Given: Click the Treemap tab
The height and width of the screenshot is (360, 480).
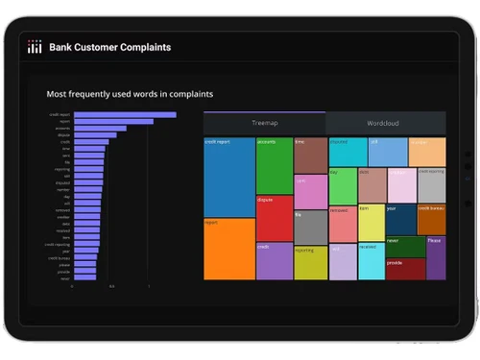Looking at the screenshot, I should tap(264, 124).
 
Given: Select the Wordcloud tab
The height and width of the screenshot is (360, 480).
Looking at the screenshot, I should tap(385, 124).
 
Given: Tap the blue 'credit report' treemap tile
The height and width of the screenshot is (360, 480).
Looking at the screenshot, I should tap(228, 177).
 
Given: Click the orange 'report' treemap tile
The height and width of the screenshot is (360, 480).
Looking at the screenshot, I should tap(228, 249).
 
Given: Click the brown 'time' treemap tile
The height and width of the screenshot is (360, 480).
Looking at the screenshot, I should tap(310, 155).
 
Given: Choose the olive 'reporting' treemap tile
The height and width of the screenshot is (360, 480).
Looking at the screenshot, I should tap(310, 262).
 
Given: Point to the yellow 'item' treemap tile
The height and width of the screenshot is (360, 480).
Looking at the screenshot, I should tap(371, 222).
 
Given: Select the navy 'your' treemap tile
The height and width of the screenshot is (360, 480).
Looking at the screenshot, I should tap(400, 219).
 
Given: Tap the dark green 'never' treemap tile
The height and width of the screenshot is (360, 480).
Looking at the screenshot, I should tap(404, 246).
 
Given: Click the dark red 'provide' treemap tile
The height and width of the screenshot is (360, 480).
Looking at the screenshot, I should tap(404, 269).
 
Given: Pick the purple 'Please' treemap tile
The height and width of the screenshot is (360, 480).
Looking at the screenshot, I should tap(435, 257).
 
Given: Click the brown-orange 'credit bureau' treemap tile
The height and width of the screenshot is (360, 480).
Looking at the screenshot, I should tap(431, 219).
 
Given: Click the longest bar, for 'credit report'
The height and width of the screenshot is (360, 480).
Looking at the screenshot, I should tap(125, 114).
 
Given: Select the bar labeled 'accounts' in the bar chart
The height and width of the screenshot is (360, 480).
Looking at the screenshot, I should tap(100, 128).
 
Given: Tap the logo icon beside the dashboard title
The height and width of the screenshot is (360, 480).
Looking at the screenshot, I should tap(34, 47).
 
